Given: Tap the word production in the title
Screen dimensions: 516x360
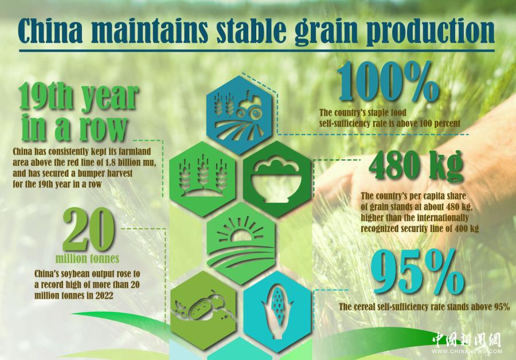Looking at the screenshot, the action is [431, 32].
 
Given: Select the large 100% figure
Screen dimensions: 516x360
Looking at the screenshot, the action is [389, 83].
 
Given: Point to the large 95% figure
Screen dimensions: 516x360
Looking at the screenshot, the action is [417, 272].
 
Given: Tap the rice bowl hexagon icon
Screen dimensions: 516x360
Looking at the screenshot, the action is [277, 179].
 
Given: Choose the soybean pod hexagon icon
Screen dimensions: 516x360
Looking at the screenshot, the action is [203, 310].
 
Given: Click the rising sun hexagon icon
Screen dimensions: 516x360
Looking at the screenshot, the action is [241, 244].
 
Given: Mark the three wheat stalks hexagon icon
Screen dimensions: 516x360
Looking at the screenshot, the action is [202, 179].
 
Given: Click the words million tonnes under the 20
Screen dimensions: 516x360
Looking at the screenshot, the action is [87, 259].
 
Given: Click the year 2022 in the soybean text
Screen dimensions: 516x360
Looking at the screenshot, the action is [104, 295].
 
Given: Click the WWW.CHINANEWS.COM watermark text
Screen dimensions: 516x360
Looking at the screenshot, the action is [467, 351].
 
